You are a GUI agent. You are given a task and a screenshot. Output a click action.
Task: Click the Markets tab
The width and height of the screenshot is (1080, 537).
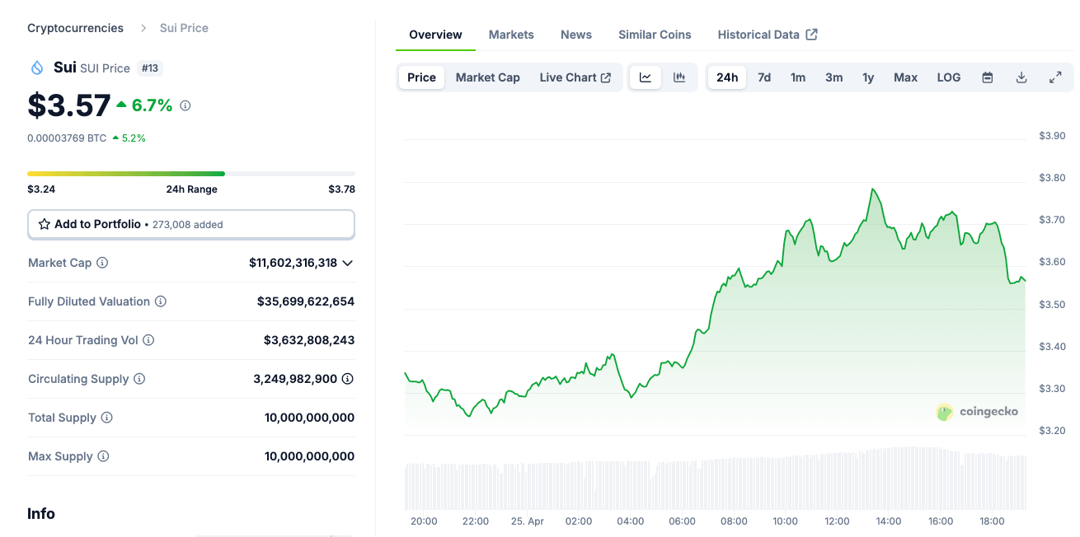pos(511,35)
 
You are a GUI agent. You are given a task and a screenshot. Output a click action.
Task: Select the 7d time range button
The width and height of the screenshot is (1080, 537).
pos(764,77)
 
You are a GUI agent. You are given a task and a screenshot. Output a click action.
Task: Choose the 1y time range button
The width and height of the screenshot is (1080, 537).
pos(868,77)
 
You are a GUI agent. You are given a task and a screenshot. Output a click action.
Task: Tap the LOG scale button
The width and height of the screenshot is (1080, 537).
pos(948,77)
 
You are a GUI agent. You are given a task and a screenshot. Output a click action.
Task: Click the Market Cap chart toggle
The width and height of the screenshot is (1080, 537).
pos(487,77)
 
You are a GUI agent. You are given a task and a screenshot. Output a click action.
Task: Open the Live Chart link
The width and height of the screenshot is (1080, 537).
pos(575,77)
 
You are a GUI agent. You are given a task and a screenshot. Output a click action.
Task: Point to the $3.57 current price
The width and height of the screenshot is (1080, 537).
pos(69,105)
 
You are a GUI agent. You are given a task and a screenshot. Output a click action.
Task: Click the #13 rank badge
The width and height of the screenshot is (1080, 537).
pos(150,68)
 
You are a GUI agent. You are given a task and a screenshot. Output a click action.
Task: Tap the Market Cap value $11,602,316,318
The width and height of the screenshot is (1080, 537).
pos(293,263)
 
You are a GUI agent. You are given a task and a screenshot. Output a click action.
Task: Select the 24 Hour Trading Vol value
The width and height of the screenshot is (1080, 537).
pos(309,340)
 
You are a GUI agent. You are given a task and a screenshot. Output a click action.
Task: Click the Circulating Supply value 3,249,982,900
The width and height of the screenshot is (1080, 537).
pos(295,379)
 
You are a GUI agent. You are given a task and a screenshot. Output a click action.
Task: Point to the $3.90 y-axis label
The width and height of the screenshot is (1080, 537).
pos(1051,136)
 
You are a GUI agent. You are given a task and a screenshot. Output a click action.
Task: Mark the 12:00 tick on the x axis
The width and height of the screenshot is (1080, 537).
pos(837,521)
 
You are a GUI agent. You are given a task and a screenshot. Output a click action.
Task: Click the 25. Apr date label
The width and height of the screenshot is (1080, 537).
pos(528,521)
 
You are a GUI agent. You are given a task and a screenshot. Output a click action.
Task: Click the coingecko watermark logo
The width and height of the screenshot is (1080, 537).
pos(978,412)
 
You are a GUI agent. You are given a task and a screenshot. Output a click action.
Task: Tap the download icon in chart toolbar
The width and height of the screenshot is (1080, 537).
pos(1021,77)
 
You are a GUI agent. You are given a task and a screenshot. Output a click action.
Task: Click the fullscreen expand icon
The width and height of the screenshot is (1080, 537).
pos(1054,77)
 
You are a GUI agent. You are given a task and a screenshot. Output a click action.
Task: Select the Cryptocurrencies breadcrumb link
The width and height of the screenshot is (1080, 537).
pos(75,28)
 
